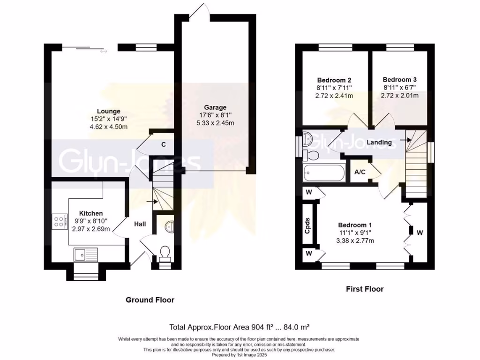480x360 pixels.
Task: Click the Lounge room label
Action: (109, 111)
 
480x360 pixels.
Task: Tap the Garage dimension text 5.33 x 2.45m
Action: (215, 123)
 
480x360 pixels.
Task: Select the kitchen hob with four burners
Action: (58, 221)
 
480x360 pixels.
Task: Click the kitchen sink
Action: (86, 255)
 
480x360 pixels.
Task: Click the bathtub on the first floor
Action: (324, 173)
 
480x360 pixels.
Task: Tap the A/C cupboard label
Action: (360, 172)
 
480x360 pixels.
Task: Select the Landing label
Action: (379, 142)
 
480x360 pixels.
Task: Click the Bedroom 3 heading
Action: (399, 80)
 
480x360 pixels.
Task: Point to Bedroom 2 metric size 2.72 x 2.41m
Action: (334, 96)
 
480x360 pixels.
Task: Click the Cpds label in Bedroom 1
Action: (307, 225)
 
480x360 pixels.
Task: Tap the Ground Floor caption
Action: (150, 300)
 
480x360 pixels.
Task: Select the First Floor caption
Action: (365, 289)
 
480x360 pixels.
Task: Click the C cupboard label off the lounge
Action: (164, 144)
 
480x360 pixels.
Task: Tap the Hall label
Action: (140, 224)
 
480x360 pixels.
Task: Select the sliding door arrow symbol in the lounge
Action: (104, 52)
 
